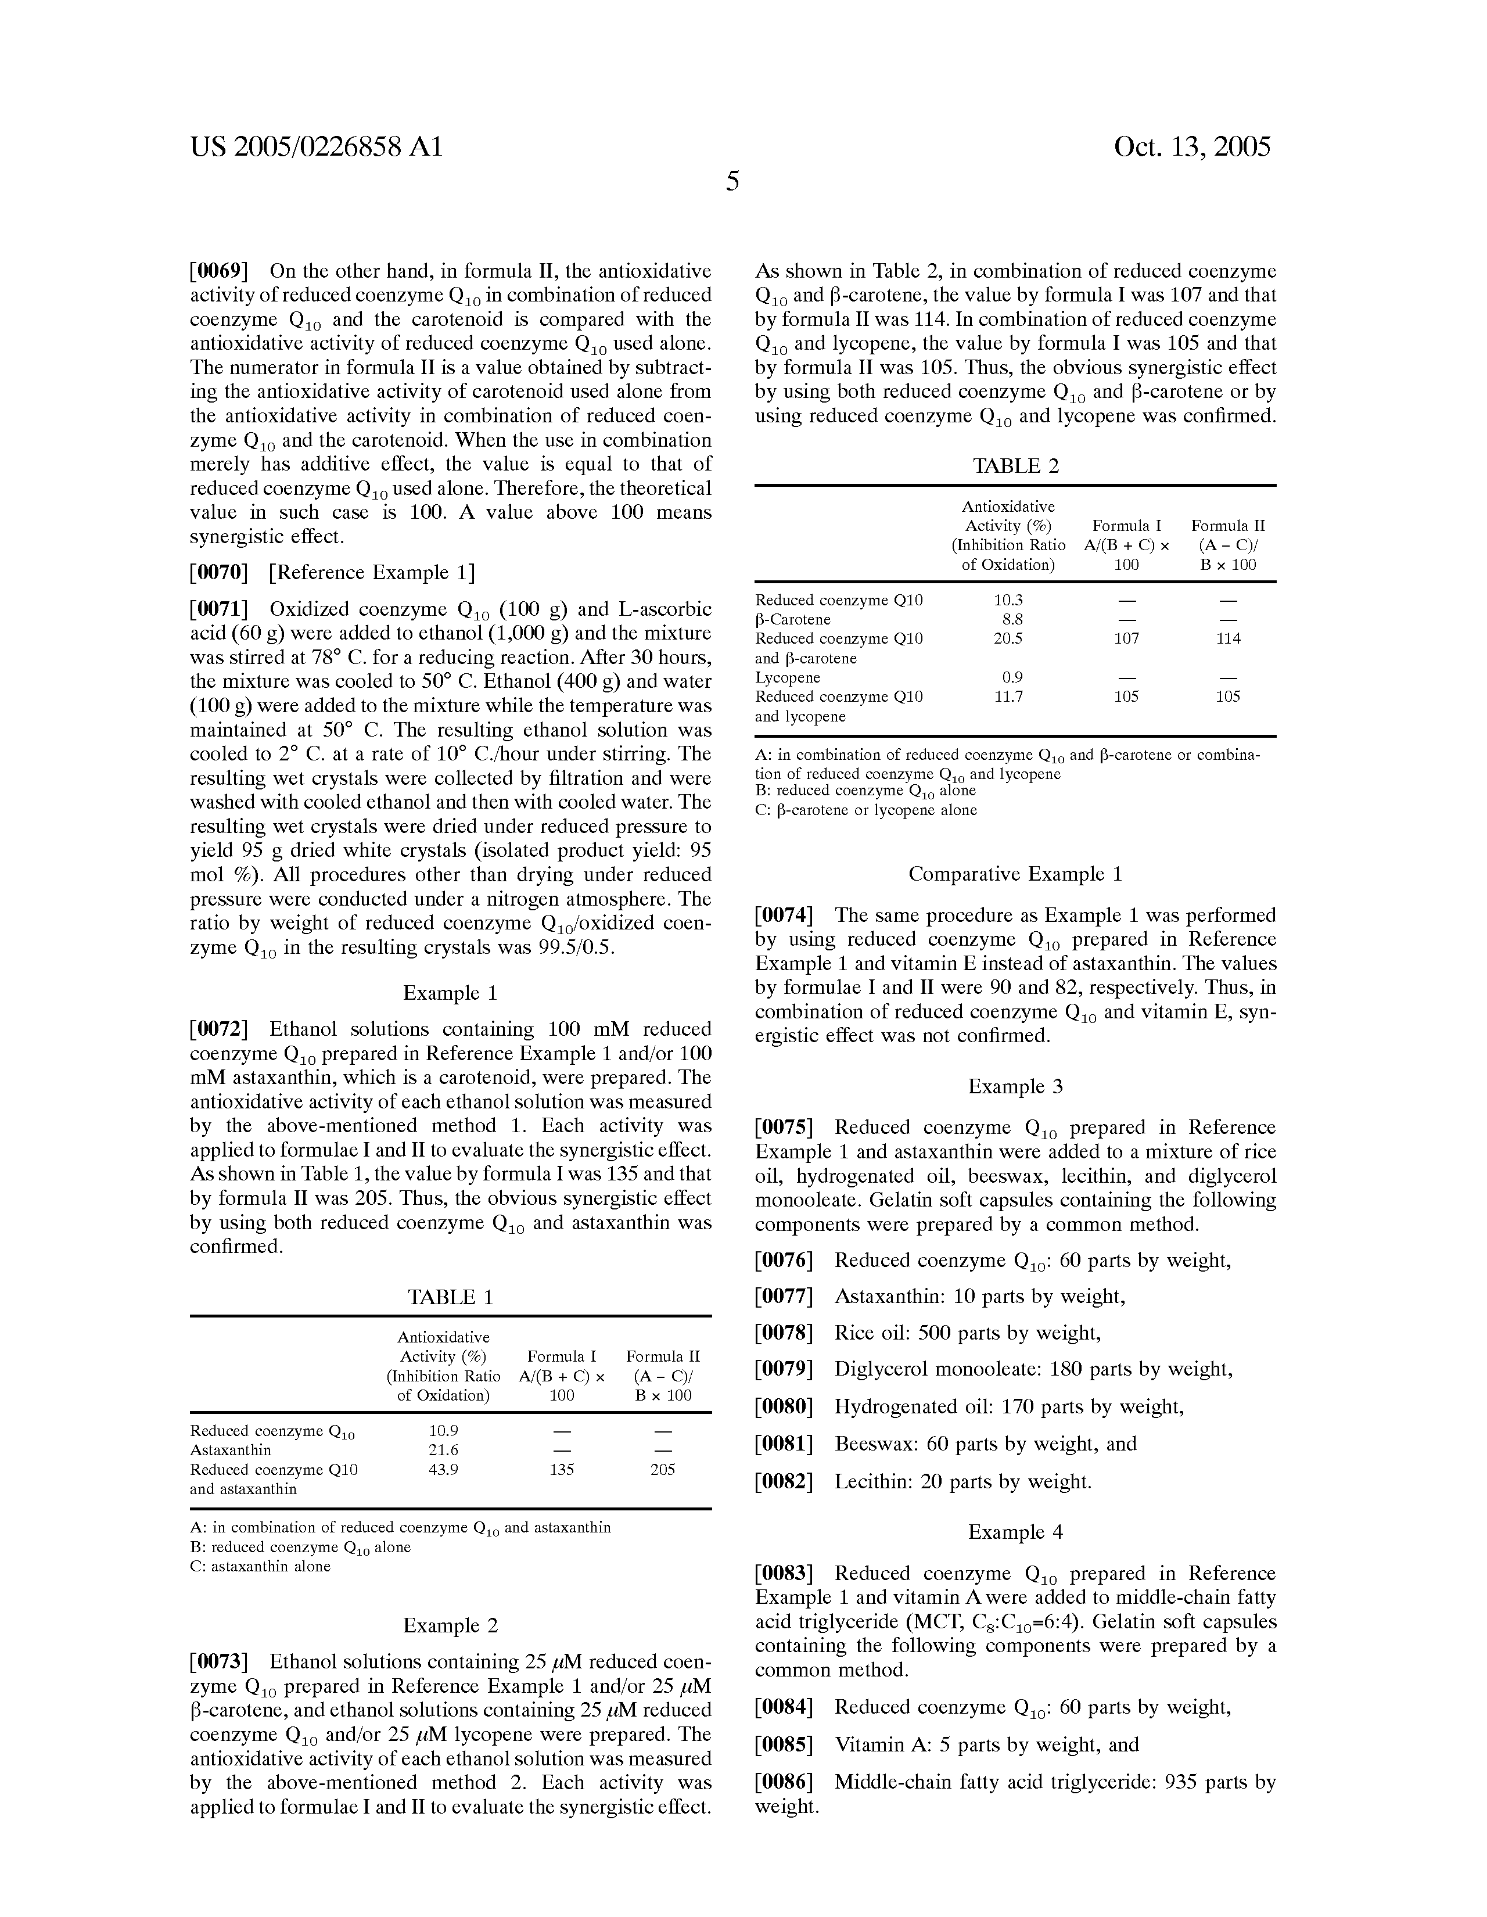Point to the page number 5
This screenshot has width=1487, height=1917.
tap(732, 182)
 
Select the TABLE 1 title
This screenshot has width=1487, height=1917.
tap(450, 1297)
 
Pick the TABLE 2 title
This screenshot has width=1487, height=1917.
tap(1015, 466)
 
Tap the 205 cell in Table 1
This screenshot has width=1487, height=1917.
tap(663, 1469)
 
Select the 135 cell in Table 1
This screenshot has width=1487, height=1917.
tap(561, 1469)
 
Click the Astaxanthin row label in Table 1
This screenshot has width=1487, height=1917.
tap(231, 1450)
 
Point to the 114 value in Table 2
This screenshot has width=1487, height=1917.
tap(1228, 639)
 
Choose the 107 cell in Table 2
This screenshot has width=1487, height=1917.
tap(1126, 639)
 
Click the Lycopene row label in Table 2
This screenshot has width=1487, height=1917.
tap(788, 677)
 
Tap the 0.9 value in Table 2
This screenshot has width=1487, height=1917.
tap(1012, 677)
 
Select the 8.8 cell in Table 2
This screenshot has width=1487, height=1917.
tap(1012, 620)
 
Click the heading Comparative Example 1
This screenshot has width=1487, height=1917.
tap(1015, 874)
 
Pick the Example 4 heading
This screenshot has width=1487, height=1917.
tap(1015, 1532)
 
